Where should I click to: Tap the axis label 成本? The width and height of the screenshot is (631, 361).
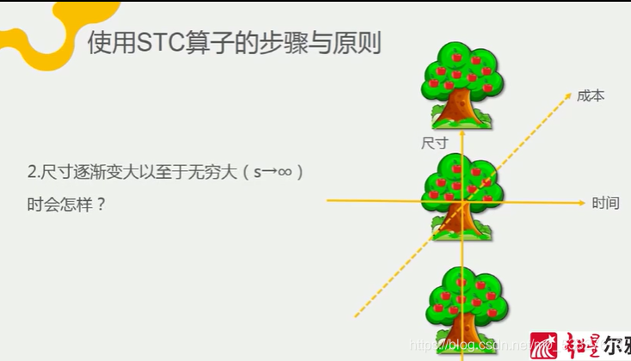591,95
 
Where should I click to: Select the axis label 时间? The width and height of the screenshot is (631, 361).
605,204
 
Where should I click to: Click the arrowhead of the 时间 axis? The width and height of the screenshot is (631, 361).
583,203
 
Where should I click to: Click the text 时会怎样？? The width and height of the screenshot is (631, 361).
72,206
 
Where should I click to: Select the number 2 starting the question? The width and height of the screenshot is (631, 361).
32,172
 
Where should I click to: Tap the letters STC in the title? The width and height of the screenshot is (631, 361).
156,44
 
